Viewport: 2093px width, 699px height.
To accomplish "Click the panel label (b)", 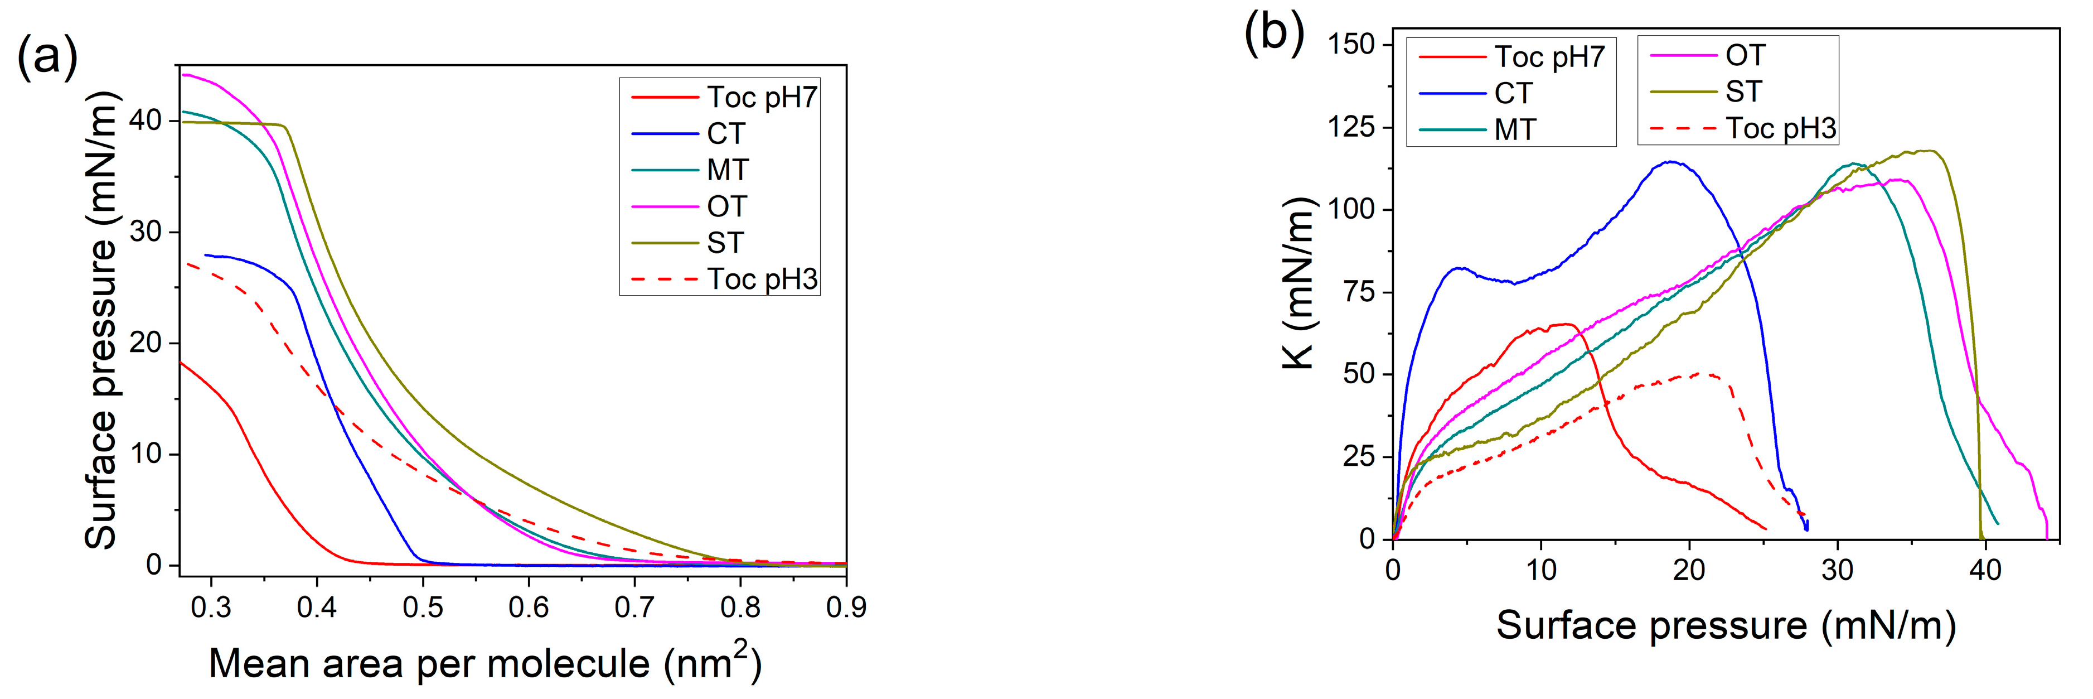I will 1274,32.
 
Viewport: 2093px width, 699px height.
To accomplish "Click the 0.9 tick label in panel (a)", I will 846,606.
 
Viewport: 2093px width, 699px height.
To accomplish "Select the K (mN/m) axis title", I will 1297,285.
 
